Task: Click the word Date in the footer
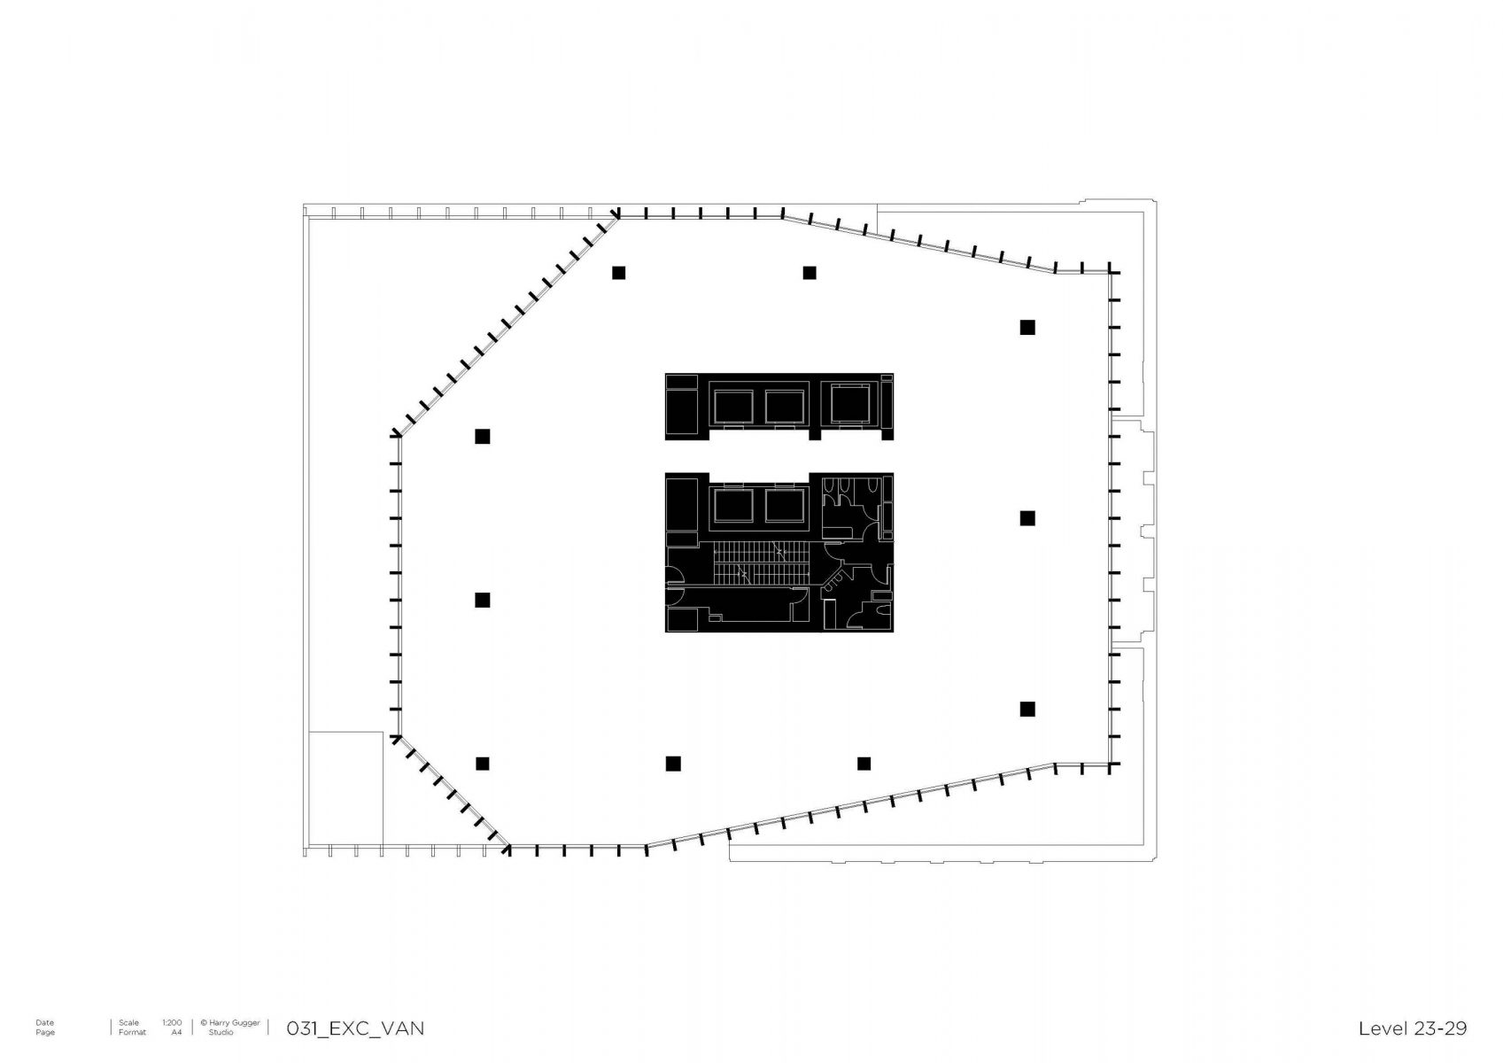(x=45, y=1023)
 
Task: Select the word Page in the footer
(x=45, y=1032)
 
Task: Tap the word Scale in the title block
(x=128, y=1023)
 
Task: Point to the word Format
(x=132, y=1032)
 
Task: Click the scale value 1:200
(x=172, y=1023)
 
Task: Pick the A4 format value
(x=176, y=1032)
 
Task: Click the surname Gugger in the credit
(x=245, y=1023)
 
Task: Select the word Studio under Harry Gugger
(x=221, y=1032)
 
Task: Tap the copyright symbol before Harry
(x=204, y=1023)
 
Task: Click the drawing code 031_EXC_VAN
(x=355, y=1028)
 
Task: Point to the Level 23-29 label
(x=1413, y=1028)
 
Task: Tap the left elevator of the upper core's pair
(x=732, y=407)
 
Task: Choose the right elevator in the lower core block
(x=785, y=505)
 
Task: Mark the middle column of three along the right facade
(x=1027, y=518)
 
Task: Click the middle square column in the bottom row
(x=673, y=764)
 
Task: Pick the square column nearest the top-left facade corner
(x=618, y=273)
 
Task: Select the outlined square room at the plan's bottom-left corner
(x=345, y=788)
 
